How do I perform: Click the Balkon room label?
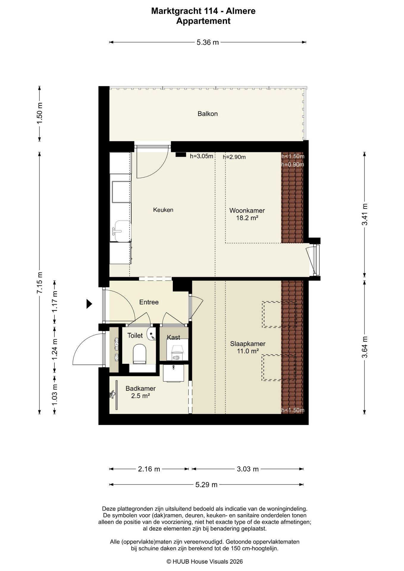[x=208, y=114]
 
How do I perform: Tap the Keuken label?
[x=163, y=210]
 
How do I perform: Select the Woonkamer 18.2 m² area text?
[x=247, y=214]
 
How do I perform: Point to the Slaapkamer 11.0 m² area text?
[x=248, y=347]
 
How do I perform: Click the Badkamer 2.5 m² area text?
[x=140, y=392]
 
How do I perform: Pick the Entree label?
[x=149, y=302]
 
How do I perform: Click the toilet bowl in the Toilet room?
[x=139, y=354]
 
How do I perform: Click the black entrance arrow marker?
[x=89, y=304]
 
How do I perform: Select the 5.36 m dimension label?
[x=208, y=43]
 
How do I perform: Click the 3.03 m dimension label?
[x=248, y=469]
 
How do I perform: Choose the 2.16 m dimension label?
[x=149, y=469]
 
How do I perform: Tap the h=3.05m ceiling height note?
[x=202, y=156]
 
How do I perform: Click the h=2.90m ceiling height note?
[x=234, y=157]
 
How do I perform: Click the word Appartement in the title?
[x=203, y=21]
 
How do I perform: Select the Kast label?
[x=173, y=337]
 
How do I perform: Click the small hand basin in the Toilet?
[x=151, y=334]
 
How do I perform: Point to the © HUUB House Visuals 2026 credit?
[x=205, y=561]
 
